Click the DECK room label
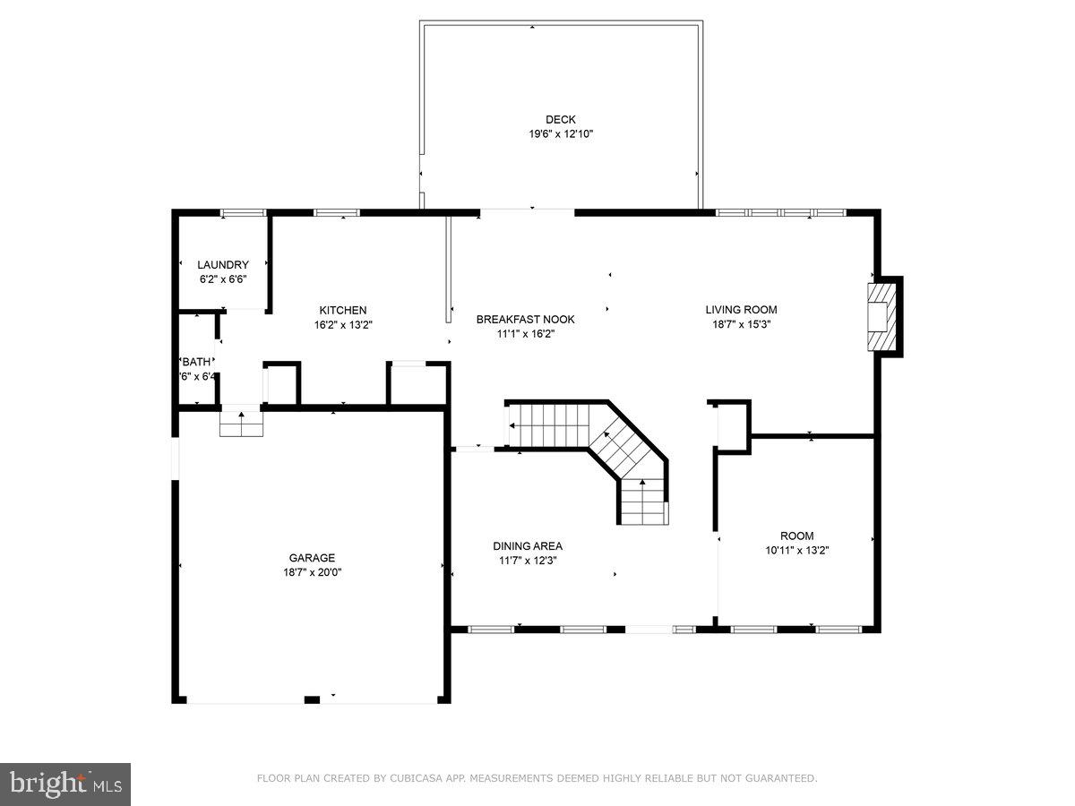(x=561, y=119)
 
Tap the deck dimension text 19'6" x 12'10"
(x=561, y=134)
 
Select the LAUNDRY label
(x=223, y=264)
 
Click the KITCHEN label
(x=343, y=310)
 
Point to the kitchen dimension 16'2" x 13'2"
(x=343, y=325)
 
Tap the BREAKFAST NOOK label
(x=525, y=319)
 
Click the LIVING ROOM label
(x=741, y=310)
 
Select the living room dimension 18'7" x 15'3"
(x=741, y=324)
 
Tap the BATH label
(x=197, y=362)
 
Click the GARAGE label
(x=312, y=557)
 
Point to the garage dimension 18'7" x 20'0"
(x=312, y=571)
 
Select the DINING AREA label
(x=528, y=545)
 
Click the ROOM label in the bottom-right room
(x=796, y=536)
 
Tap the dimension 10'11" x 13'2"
(x=796, y=551)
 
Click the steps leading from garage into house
(x=242, y=424)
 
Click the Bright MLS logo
(x=65, y=785)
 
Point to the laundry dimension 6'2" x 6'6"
(x=223, y=279)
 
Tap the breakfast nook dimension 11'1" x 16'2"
(x=525, y=334)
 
